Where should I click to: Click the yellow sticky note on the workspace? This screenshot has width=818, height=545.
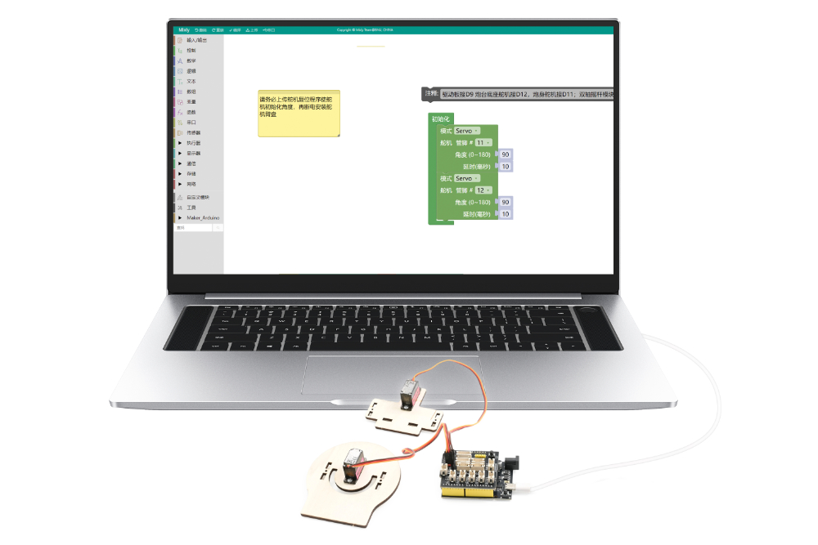click(x=299, y=114)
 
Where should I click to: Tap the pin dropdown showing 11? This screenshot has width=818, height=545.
click(x=483, y=142)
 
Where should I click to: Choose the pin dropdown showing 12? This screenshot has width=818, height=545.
click(x=483, y=190)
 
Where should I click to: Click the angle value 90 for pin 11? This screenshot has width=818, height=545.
click(x=506, y=154)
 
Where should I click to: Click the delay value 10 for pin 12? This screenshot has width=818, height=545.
click(x=506, y=214)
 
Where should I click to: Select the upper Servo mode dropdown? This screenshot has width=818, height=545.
click(x=466, y=131)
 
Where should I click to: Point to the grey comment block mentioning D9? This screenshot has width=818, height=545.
click(x=524, y=95)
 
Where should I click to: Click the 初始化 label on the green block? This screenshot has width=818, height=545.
click(x=441, y=119)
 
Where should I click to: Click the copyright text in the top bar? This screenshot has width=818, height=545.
click(x=365, y=30)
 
